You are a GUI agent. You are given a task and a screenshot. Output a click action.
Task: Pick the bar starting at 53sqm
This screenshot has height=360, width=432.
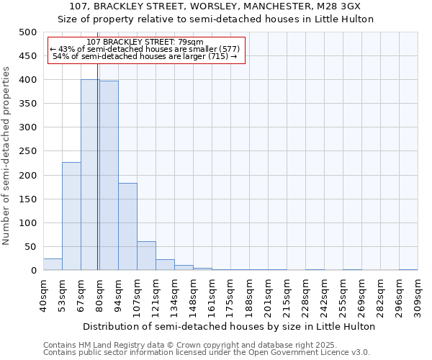[x=71, y=216]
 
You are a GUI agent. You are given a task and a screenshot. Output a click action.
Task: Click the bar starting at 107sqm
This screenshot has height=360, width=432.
[x=146, y=256]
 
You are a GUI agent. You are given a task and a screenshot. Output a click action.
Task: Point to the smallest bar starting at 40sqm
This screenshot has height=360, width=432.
[x=53, y=264]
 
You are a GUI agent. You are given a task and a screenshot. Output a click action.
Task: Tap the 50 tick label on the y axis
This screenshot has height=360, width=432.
[x=30, y=247]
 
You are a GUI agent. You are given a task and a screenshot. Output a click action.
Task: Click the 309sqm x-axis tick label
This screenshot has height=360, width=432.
[x=418, y=294]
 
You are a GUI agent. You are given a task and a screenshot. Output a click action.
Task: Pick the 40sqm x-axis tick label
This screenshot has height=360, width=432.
[x=43, y=294]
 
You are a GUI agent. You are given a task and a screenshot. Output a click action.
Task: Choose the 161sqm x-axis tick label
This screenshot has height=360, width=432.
[x=212, y=294]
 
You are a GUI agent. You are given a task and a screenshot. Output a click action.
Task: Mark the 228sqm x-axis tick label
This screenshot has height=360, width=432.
[x=305, y=294]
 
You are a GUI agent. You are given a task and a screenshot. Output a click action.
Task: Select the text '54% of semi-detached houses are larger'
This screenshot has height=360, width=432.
[x=145, y=56]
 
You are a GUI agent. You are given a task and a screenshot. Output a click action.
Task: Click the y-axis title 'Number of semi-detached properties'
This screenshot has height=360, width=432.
[x=6, y=156]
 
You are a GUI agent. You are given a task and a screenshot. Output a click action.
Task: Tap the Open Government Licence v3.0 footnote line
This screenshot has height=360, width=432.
[x=206, y=353]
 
